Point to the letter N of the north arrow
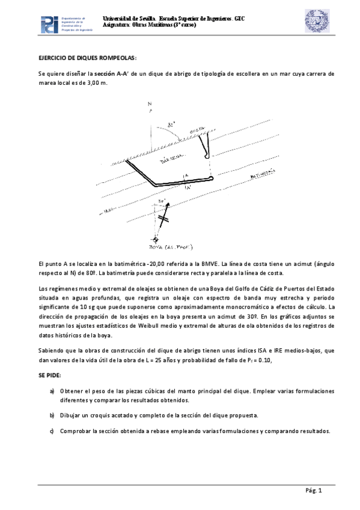coord(150,104)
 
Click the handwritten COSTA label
coord(197,129)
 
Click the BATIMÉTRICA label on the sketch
coord(263,173)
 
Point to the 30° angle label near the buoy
coord(161,202)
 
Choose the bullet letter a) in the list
coord(52,391)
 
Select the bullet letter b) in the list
coord(52,416)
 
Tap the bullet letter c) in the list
coord(52,431)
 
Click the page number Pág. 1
coord(314,491)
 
